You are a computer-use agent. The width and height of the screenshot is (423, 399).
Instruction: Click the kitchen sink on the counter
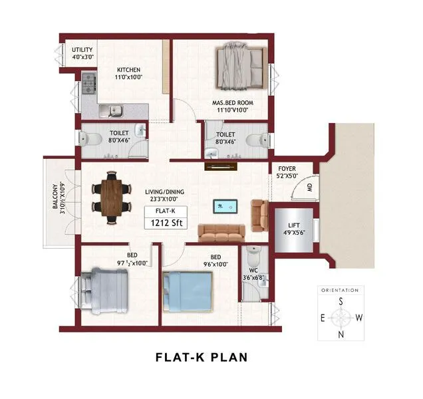[x=111, y=109]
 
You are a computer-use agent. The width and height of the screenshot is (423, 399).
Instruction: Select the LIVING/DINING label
[x=164, y=196]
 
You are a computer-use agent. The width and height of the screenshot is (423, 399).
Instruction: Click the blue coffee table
[x=224, y=206]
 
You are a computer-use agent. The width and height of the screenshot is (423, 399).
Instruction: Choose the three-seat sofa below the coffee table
[x=222, y=232]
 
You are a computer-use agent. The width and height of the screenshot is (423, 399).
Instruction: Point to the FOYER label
[x=287, y=172]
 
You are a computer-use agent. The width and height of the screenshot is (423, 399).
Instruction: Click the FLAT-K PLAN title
[x=201, y=357]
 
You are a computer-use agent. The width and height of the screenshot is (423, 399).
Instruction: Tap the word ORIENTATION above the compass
[x=340, y=291]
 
